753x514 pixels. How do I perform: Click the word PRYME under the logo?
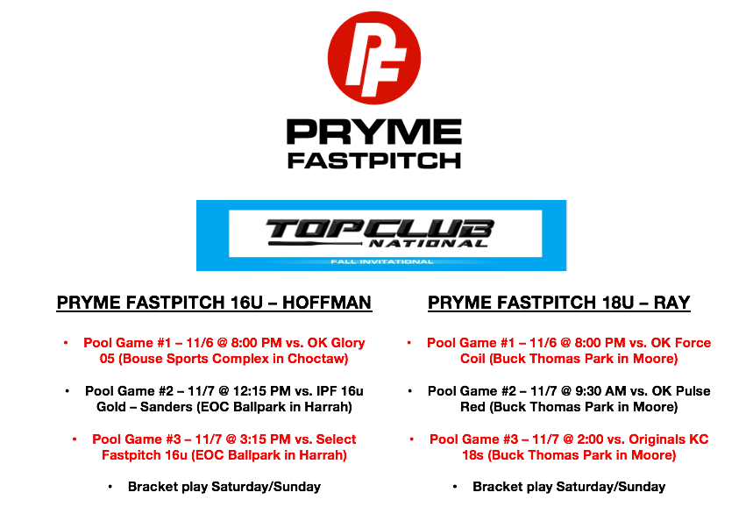373,132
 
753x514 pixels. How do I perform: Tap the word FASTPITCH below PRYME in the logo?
373,161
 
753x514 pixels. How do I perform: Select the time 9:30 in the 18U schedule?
590,390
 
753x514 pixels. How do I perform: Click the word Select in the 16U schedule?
336,439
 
